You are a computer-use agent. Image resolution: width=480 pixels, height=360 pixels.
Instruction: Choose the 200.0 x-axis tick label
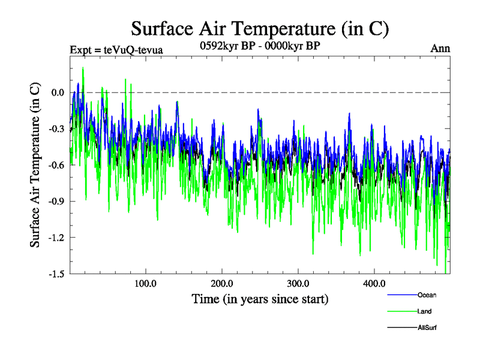click(222, 283)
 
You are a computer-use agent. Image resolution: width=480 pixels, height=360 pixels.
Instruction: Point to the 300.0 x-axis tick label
click(298, 283)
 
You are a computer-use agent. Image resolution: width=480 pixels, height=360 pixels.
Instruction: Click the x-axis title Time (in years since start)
click(260, 298)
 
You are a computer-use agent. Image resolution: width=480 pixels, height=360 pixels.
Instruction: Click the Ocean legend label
click(427, 295)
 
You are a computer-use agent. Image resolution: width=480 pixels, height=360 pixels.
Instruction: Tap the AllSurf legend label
click(427, 328)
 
